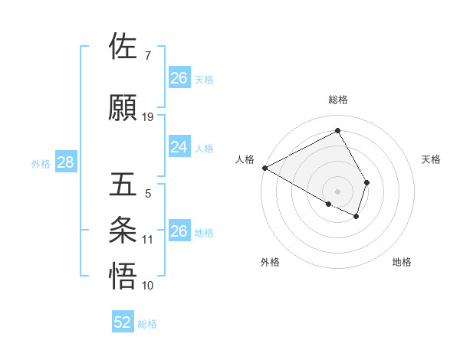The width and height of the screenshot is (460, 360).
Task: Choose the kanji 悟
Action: point(123,276)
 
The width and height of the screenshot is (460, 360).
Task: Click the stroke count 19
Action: point(148,116)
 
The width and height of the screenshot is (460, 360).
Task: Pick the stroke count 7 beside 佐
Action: point(147,56)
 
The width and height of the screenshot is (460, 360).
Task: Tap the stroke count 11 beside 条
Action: point(148,240)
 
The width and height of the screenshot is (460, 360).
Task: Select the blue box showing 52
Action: point(123,322)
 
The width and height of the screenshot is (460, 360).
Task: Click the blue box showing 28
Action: point(65,162)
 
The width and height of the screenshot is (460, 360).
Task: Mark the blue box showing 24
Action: point(179,147)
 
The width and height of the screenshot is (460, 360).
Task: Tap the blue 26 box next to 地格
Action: point(179,231)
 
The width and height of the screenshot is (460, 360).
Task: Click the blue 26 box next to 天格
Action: point(179,78)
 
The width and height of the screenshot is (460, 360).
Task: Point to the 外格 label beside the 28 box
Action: point(41,163)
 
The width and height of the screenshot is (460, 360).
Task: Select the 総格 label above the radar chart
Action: point(338,100)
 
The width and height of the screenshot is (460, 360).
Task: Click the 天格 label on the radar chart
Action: point(432,159)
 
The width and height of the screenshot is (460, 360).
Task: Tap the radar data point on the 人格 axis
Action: point(264,167)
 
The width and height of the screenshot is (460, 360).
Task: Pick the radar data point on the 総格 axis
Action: point(338,131)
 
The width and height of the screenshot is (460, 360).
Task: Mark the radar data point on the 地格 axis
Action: point(356,217)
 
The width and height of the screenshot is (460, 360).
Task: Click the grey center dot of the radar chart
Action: point(338,191)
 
